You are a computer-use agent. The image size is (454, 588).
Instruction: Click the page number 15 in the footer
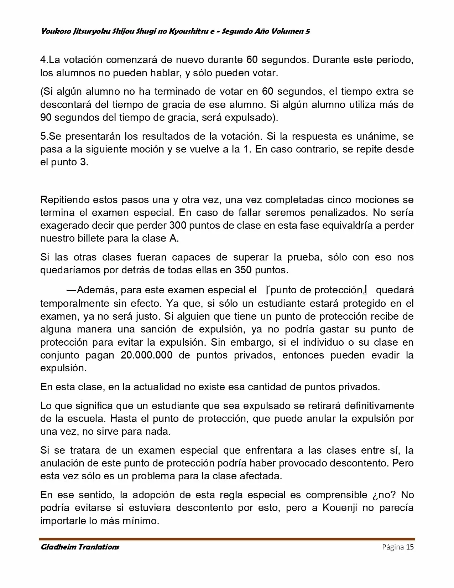(x=410, y=547)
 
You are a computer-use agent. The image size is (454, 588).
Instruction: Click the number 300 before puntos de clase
(x=178, y=226)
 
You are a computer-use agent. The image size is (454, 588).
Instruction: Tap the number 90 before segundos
(x=46, y=118)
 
